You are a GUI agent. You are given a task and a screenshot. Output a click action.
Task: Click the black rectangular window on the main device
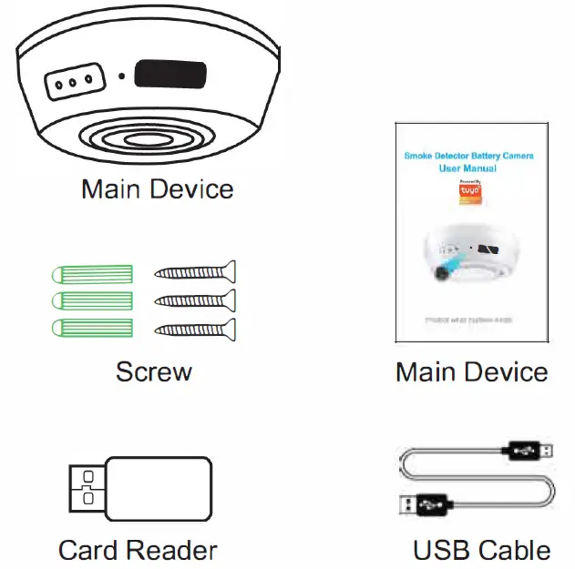169,75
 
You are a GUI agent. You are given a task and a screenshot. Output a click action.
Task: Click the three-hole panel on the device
73,82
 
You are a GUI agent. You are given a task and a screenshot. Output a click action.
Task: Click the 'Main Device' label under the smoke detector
157,189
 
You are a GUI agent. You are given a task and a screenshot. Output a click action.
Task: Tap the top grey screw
196,271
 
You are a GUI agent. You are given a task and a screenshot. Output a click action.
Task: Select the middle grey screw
196,300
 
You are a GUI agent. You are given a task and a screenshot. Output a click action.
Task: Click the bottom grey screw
196,329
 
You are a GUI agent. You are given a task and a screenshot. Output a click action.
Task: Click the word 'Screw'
154,371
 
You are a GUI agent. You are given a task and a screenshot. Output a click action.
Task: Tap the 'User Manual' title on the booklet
469,168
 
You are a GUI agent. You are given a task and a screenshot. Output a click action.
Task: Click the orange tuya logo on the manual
469,196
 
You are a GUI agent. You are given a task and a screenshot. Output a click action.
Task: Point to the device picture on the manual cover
469,257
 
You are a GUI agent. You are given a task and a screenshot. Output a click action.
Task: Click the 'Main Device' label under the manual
471,371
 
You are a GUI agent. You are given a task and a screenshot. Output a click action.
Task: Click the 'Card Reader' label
138,550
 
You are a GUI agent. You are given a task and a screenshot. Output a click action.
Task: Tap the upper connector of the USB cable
529,449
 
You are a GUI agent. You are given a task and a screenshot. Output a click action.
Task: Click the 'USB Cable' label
481,550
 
